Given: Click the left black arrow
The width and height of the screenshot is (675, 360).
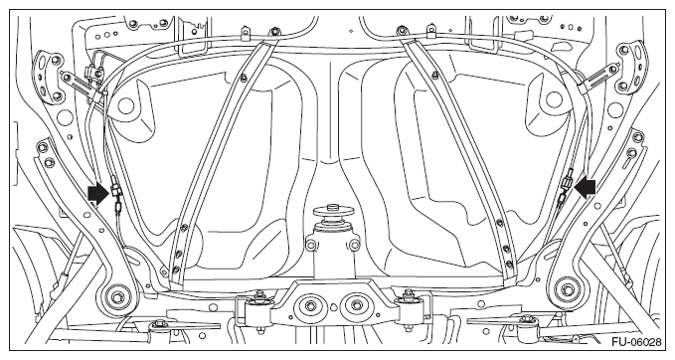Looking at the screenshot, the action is click(97, 194).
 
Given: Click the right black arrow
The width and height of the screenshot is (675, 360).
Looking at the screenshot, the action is click(586, 189).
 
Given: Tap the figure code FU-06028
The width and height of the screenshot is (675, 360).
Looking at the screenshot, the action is click(636, 342).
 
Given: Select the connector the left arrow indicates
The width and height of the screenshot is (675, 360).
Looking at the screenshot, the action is click(115, 190).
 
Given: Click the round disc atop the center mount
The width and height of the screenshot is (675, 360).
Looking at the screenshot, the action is click(334, 212).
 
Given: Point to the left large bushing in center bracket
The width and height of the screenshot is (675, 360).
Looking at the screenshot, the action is click(310, 306).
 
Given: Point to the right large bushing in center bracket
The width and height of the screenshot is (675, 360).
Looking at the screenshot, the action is click(357, 306).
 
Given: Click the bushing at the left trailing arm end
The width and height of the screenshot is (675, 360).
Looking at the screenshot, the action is click(116, 296).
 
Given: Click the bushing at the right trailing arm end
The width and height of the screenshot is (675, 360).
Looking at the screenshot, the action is click(566, 289).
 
